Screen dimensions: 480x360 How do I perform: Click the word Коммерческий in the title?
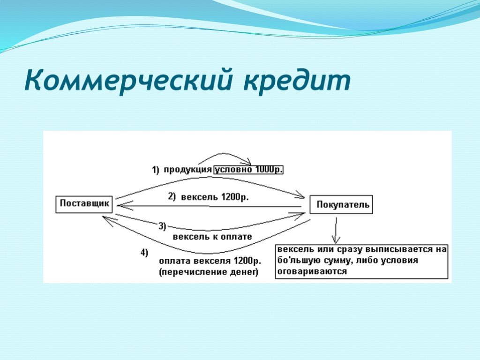pyautogui.click(x=127, y=81)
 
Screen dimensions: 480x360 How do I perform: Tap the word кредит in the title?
pyautogui.click(x=297, y=81)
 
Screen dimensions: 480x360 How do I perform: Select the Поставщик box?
pyautogui.click(x=84, y=204)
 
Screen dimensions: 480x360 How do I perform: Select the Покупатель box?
pyautogui.click(x=341, y=204)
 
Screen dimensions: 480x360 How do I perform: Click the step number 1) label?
pyautogui.click(x=156, y=170)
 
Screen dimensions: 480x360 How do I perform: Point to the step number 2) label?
pyautogui.click(x=172, y=196)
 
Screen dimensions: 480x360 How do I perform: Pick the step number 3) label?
pyautogui.click(x=162, y=226)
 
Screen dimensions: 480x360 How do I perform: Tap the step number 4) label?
pyautogui.click(x=144, y=253)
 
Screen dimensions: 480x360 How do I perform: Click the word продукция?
pyautogui.click(x=187, y=170)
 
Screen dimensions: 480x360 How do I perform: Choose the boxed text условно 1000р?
pyautogui.click(x=248, y=170)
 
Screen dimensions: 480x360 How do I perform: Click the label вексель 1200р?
pyautogui.click(x=215, y=197)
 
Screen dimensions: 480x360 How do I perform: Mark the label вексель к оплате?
pyautogui.click(x=212, y=237)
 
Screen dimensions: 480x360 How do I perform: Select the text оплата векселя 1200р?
pyautogui.click(x=210, y=261)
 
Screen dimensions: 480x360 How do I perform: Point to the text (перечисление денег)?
pyautogui.click(x=209, y=272)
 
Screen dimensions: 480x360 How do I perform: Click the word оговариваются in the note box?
pyautogui.click(x=312, y=271)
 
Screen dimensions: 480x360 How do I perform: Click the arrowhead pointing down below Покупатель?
pyautogui.click(x=336, y=239)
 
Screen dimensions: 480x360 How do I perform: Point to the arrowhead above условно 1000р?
pyautogui.click(x=247, y=161)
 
